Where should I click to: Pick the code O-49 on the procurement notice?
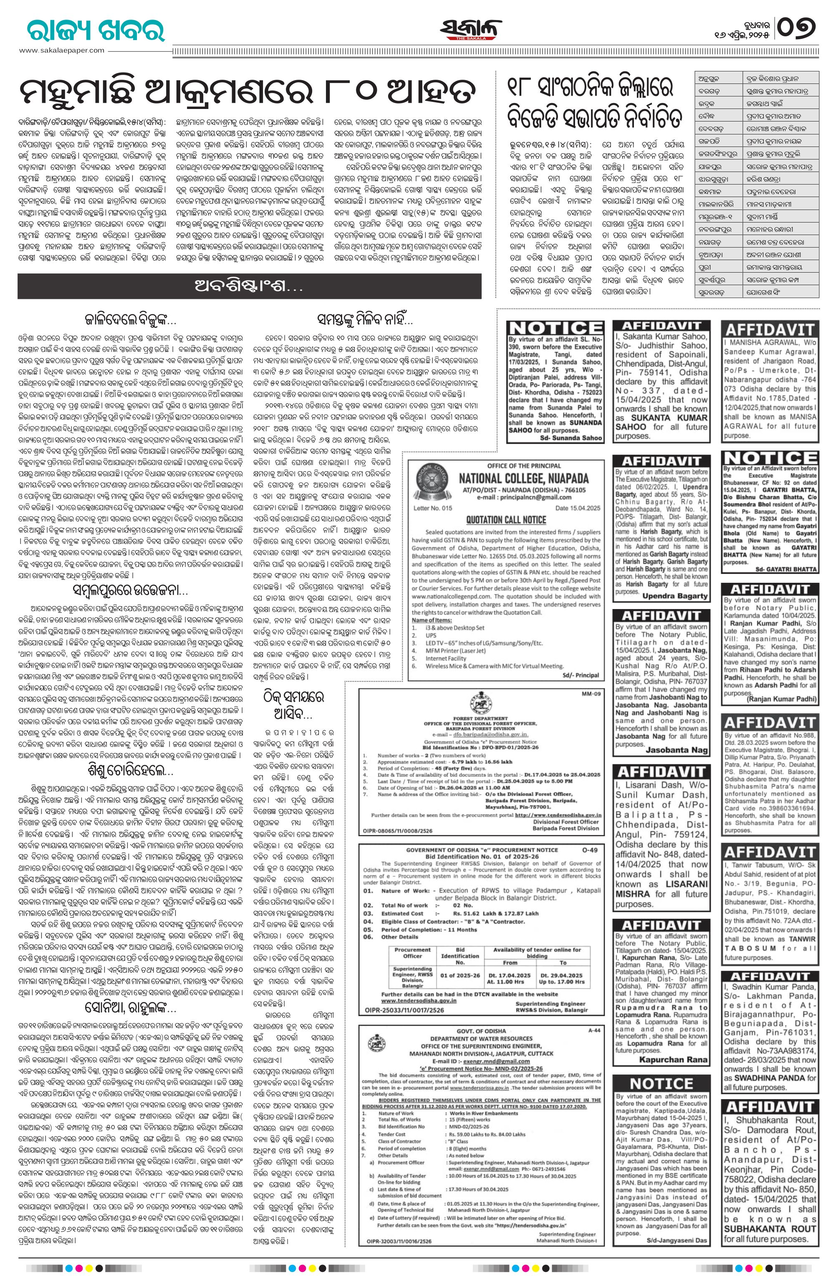[591, 850]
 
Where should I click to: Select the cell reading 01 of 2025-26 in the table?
[460, 976]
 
